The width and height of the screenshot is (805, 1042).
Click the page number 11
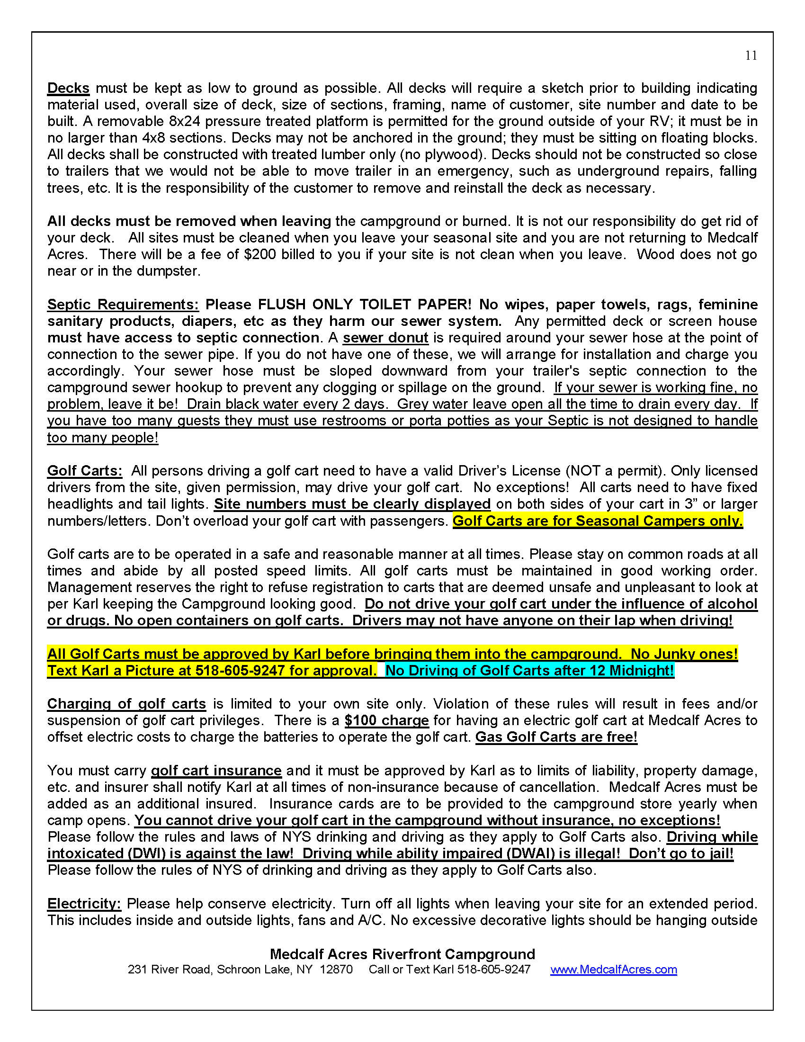pos(751,56)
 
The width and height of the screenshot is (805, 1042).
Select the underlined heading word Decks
pos(68,88)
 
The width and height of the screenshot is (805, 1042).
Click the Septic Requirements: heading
pos(123,305)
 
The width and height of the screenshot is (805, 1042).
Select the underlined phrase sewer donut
pos(385,338)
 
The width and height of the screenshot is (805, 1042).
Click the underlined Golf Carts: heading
pos(84,471)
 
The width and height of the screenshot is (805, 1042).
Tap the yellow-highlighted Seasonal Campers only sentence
pos(598,521)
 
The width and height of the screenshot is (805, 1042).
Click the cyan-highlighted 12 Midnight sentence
pos(529,671)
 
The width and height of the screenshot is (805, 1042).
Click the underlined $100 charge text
pos(386,720)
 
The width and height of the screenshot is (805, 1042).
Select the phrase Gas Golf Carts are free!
pos(556,737)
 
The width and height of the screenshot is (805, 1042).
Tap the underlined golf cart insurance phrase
pos(216,771)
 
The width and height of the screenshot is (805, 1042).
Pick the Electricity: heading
pos(84,904)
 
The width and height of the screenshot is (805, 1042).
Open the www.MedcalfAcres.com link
pos(613,970)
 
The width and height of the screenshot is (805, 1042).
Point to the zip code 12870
pos(336,970)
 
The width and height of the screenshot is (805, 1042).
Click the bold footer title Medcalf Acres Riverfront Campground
pos(402,954)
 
